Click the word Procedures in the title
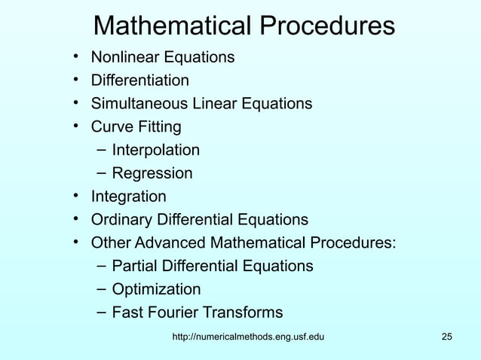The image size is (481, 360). pyautogui.click(x=328, y=26)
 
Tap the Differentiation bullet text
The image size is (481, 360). pyautogui.click(x=140, y=80)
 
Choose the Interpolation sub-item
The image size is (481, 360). pyautogui.click(x=156, y=150)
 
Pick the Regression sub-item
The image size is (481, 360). pyautogui.click(x=152, y=173)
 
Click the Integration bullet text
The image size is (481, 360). pyautogui.click(x=128, y=197)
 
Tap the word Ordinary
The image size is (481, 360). pyautogui.click(x=121, y=220)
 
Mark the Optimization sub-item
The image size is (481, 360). pyautogui.click(x=156, y=289)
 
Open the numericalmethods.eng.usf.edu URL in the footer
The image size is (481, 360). pyautogui.click(x=249, y=336)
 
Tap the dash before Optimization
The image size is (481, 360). pyautogui.click(x=101, y=289)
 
